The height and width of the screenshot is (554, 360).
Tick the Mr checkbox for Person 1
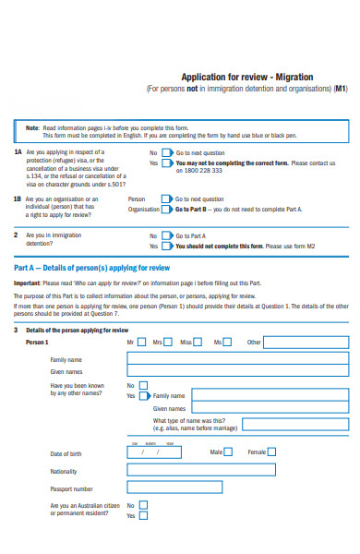141,342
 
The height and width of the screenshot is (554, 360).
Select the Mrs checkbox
168,342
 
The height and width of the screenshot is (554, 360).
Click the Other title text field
306,342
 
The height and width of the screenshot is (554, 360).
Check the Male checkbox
228,452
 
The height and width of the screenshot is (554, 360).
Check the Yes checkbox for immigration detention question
166,247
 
